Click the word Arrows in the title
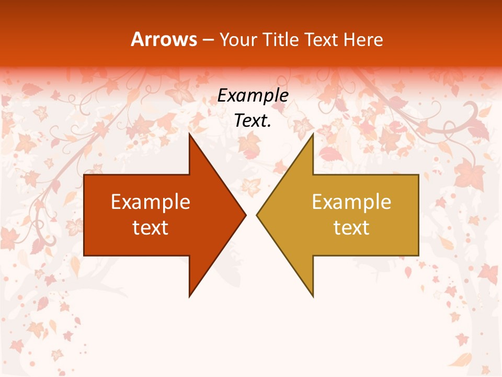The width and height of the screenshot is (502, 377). click(x=164, y=39)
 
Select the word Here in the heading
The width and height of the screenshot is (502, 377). click(x=363, y=39)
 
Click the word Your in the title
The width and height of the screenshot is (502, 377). click(x=238, y=40)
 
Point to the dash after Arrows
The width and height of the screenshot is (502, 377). click(x=208, y=40)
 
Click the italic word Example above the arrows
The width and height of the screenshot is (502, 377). click(x=253, y=95)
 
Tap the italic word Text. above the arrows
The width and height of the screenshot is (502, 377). click(x=253, y=120)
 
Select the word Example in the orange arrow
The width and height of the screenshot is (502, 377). click(x=150, y=202)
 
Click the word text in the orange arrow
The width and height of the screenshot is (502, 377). click(x=150, y=227)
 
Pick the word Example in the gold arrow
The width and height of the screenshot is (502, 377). click(x=351, y=202)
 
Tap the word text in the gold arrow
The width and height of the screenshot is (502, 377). click(x=351, y=227)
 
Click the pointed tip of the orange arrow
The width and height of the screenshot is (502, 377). click(x=245, y=215)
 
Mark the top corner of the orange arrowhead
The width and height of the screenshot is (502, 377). click(x=190, y=134)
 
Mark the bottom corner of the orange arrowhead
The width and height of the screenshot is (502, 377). click(x=190, y=296)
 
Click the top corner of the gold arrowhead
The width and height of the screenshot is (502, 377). click(x=313, y=134)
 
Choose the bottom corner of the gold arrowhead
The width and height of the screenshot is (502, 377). click(x=313, y=296)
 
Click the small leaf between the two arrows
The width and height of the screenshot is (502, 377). click(x=253, y=186)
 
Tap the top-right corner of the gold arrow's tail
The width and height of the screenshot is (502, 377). click(x=418, y=175)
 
